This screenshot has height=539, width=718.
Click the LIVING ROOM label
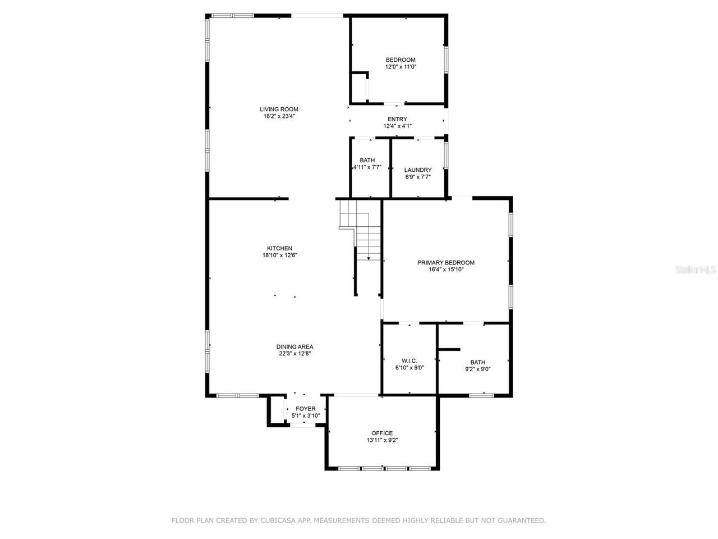pyautogui.click(x=279, y=109)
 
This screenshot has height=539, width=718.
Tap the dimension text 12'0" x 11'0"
pyautogui.click(x=401, y=67)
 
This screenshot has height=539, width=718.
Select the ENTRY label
pyautogui.click(x=397, y=119)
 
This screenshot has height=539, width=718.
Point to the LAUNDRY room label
pyautogui.click(x=418, y=170)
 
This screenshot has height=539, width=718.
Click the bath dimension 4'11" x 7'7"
pyautogui.click(x=367, y=167)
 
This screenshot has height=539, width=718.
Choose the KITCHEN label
pyautogui.click(x=279, y=248)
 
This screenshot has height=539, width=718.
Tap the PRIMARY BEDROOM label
pyautogui.click(x=446, y=262)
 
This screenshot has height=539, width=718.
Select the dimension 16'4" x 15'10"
pyautogui.click(x=446, y=269)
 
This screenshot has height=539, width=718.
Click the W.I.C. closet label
pyautogui.click(x=409, y=360)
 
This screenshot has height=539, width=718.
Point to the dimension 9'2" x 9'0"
pyautogui.click(x=478, y=369)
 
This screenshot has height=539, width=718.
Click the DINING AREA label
pyautogui.click(x=294, y=346)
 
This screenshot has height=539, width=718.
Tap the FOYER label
pyautogui.click(x=306, y=409)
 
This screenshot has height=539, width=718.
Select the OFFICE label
pyautogui.click(x=382, y=433)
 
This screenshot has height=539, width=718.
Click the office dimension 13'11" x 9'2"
pyautogui.click(x=382, y=440)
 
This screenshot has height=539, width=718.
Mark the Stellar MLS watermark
pyautogui.click(x=696, y=269)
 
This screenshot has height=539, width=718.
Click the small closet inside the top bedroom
pyautogui.click(x=359, y=88)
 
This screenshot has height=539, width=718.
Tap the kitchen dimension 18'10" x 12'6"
pyautogui.click(x=279, y=255)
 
